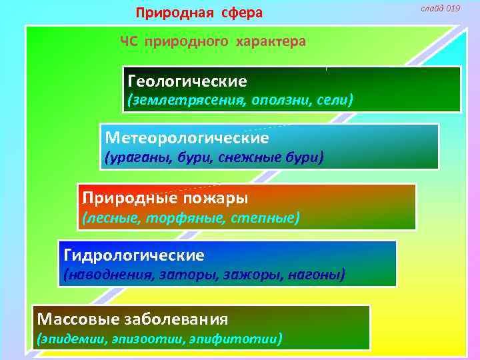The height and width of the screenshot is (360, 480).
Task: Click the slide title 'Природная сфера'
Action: (x=199, y=13)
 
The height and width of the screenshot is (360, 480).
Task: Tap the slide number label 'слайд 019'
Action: (x=440, y=8)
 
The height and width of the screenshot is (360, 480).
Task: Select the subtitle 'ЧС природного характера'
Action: (x=213, y=41)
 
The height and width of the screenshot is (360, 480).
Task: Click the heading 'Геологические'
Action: (x=187, y=81)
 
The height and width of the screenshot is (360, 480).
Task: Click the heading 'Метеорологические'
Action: (x=187, y=138)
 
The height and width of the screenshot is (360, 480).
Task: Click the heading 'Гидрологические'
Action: (x=134, y=255)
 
